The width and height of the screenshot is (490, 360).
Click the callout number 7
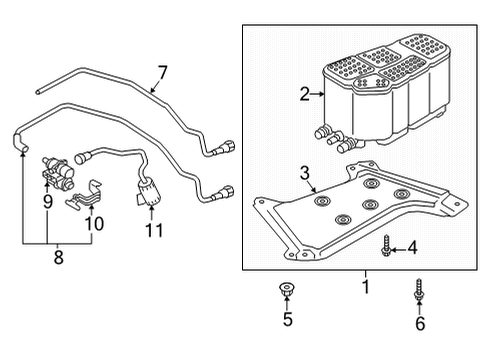(162, 73)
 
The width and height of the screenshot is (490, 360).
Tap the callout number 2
(305, 94)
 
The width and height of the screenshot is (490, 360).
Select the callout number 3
(305, 174)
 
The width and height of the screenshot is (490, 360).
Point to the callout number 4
(412, 248)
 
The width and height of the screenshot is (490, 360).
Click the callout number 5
(288, 319)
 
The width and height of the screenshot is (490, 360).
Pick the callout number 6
(420, 323)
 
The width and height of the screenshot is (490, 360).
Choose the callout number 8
(58, 257)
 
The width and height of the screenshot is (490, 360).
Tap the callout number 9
(48, 202)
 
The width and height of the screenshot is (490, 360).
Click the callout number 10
(94, 224)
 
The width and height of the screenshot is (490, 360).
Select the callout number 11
(154, 230)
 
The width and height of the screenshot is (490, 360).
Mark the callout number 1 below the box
(366, 287)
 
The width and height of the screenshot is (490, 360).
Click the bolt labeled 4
(386, 246)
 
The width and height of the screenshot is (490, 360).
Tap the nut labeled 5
(285, 289)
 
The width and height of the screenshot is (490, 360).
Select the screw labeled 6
(419, 289)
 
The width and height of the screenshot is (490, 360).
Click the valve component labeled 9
(57, 171)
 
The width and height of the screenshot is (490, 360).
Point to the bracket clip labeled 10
(85, 196)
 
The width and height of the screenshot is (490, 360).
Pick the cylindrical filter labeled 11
(147, 192)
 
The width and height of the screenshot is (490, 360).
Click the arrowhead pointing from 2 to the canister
(322, 94)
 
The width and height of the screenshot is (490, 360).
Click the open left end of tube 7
(38, 91)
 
